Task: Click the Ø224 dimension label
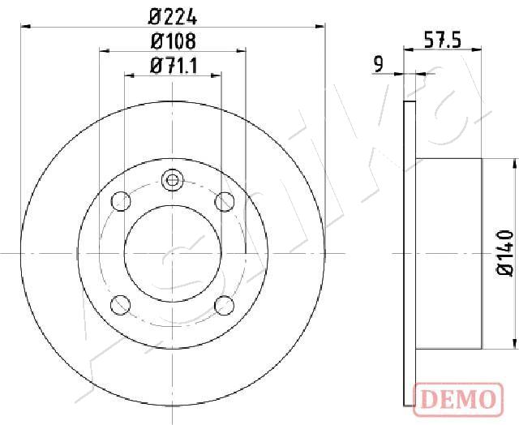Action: click(x=173, y=17)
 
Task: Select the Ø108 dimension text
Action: click(x=173, y=41)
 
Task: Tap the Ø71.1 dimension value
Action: click(x=174, y=66)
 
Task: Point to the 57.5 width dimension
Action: click(x=443, y=40)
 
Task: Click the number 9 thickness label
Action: click(x=379, y=64)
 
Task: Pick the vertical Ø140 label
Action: click(x=504, y=253)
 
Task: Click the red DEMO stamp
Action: click(x=458, y=399)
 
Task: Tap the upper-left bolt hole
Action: click(x=121, y=201)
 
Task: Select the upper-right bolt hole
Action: click(x=225, y=201)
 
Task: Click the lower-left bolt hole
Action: click(x=121, y=305)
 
